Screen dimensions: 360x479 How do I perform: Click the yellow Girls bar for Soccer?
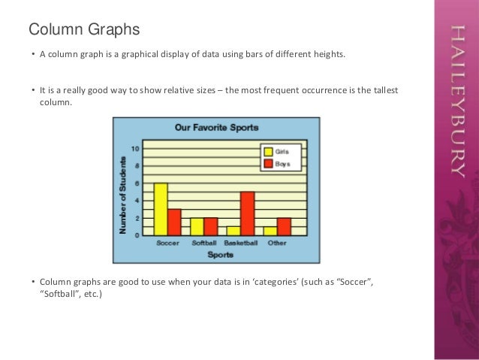coord(161,210)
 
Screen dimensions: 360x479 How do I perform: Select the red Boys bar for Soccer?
coord(174,222)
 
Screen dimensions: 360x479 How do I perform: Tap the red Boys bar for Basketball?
coord(248,214)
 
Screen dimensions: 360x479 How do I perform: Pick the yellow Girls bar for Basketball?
coord(233,231)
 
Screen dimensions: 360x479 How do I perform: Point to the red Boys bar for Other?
coord(284,227)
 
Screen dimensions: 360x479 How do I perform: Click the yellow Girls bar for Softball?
coord(197,227)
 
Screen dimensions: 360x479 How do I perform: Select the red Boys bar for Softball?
coord(211,227)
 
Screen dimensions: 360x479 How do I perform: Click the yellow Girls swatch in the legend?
coord(268,151)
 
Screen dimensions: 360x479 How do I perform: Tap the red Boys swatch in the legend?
coord(268,163)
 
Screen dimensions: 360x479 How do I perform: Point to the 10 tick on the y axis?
coord(135,148)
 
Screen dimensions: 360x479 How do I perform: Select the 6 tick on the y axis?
coord(137,183)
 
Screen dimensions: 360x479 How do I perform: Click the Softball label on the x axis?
coord(204,244)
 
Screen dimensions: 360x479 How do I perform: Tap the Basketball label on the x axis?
coord(241,244)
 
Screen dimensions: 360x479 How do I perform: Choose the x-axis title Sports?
coord(220,255)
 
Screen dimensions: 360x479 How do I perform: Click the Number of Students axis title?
coord(122,193)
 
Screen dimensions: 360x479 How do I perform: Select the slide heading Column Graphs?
coord(84,30)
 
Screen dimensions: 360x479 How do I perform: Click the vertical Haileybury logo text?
coord(456,101)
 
